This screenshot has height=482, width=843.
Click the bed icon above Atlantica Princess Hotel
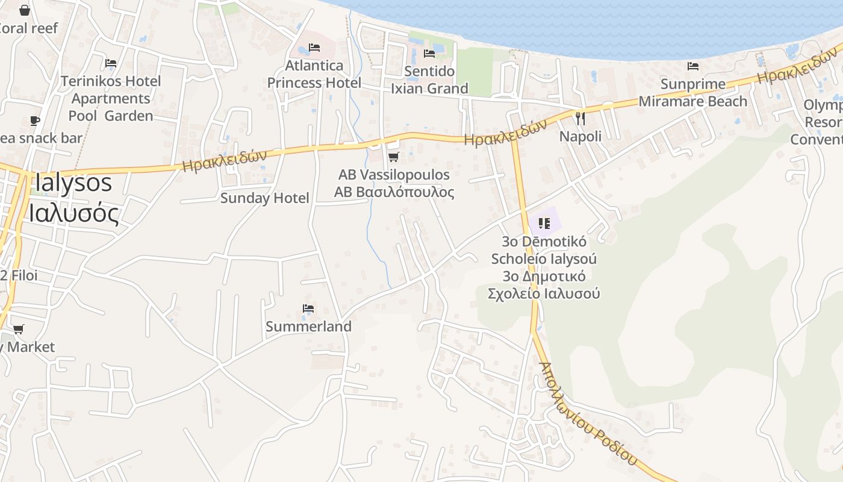(314, 47)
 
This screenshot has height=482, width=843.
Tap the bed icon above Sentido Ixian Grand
(429, 53)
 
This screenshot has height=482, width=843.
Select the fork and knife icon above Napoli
(580, 118)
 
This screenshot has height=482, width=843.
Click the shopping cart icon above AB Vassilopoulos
(393, 157)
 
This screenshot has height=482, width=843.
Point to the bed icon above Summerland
(308, 308)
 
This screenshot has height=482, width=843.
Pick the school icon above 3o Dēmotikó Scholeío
(544, 224)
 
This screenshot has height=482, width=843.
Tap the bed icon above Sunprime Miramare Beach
(693, 66)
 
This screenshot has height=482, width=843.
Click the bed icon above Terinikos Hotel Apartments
(111, 63)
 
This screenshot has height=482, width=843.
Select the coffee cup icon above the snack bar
(35, 120)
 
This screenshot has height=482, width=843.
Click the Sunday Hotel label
(264, 198)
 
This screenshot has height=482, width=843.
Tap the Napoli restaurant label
(580, 136)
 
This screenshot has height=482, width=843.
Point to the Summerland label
(308, 327)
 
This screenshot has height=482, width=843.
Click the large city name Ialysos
(73, 183)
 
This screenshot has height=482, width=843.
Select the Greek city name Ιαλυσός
(73, 213)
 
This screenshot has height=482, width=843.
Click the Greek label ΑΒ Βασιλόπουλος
(394, 192)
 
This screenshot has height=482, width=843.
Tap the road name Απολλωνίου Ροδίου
(587, 413)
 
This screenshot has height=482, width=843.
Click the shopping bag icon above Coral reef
(25, 10)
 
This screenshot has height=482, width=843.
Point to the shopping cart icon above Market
(19, 329)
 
